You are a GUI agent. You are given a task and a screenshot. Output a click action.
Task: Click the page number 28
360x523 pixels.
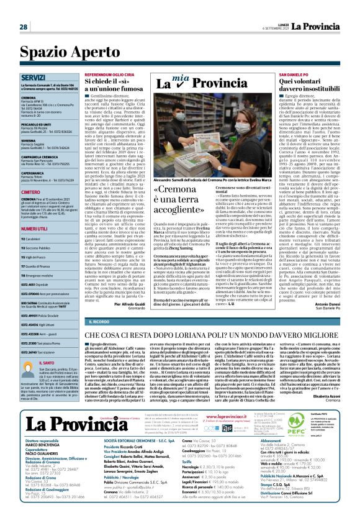23,27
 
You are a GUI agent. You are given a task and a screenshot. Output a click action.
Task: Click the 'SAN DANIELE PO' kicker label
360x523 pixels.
276,73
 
